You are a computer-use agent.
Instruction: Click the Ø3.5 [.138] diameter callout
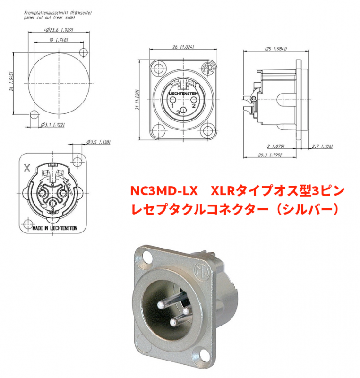(x=99, y=142)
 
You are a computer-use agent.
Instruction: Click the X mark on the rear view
(x=26, y=167)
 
